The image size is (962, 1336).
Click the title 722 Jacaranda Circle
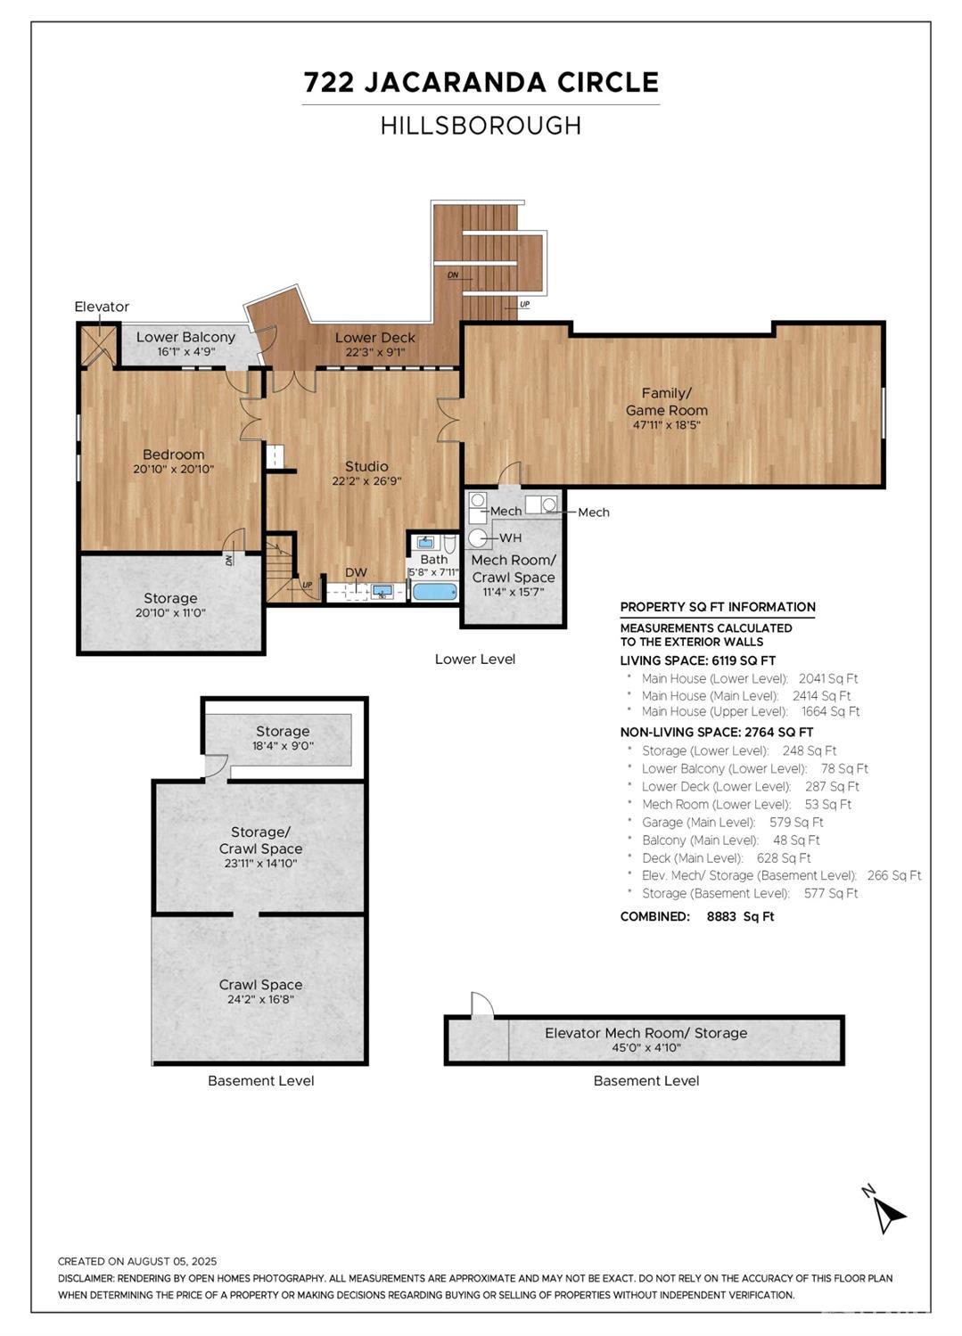481,82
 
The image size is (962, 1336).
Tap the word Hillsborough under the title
481,126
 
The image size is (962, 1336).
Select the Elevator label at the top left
102,307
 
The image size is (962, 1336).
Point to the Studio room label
366,466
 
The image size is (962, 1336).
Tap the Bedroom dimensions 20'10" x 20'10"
174,469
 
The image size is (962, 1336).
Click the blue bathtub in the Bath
434,591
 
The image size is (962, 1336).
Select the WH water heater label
511,537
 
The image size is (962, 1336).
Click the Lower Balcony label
185,337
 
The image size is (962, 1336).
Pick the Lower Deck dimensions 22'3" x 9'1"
375,352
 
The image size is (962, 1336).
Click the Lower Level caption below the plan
474,659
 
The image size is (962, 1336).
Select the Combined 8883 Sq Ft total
696,916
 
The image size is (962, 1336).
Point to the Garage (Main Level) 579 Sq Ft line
732,822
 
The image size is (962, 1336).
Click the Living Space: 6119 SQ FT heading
697,660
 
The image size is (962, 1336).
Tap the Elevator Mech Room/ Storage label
645,1033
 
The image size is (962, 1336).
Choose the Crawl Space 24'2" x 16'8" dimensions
260,999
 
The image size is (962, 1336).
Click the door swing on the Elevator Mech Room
481,1004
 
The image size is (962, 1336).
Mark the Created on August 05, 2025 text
137,1261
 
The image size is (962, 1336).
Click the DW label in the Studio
356,573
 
